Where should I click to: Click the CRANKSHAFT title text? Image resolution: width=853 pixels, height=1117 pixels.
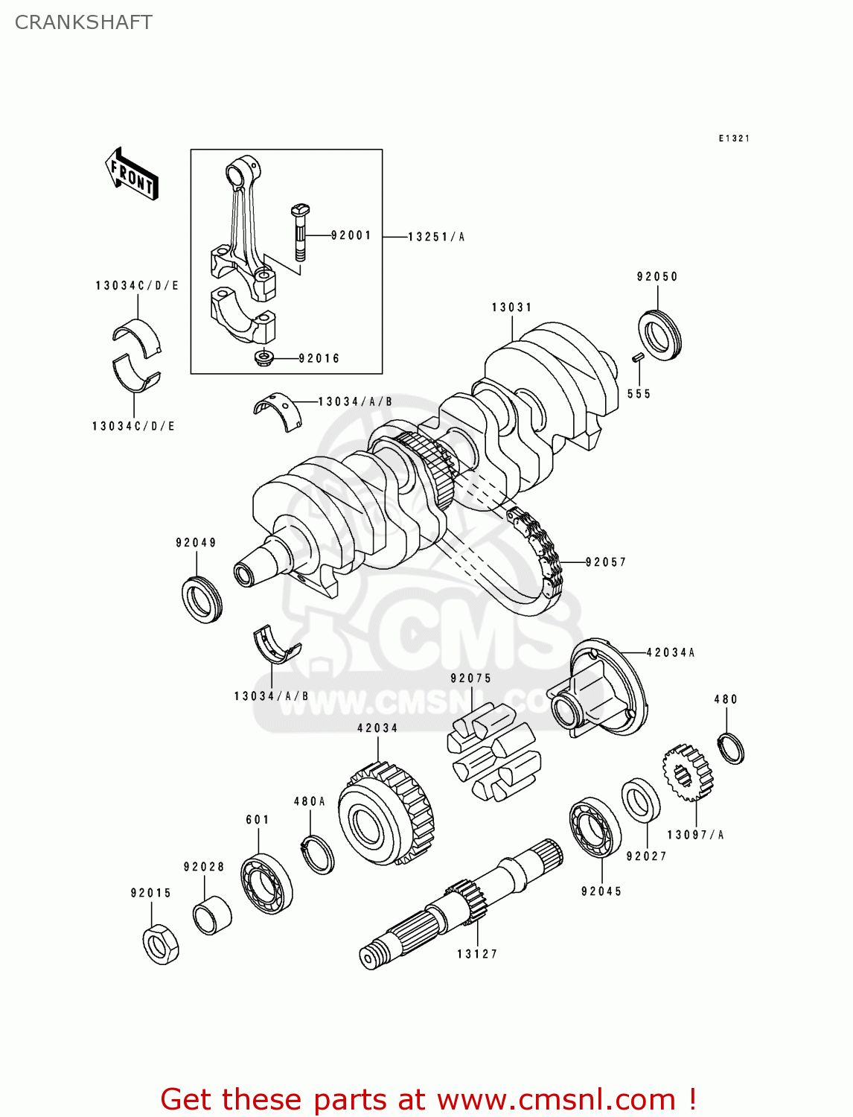(83, 22)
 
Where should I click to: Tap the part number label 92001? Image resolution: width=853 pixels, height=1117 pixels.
(351, 235)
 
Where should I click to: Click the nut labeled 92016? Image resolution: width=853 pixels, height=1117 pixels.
(264, 358)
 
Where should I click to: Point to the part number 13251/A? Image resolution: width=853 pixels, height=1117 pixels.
(436, 237)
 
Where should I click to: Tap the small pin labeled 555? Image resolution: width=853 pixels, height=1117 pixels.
(638, 358)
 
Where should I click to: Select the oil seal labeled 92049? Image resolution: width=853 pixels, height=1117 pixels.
(202, 599)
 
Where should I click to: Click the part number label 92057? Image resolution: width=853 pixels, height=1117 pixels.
(606, 562)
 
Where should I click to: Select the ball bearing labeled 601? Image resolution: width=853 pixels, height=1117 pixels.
(266, 884)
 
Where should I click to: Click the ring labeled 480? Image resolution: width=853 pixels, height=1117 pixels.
(731, 748)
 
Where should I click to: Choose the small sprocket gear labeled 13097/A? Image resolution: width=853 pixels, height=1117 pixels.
(688, 773)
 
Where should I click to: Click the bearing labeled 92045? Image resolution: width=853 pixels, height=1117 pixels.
(595, 827)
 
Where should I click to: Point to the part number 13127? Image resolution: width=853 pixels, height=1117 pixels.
(477, 954)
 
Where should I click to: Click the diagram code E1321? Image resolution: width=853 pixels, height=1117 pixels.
(734, 139)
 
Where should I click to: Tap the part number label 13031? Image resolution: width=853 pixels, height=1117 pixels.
(511, 307)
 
